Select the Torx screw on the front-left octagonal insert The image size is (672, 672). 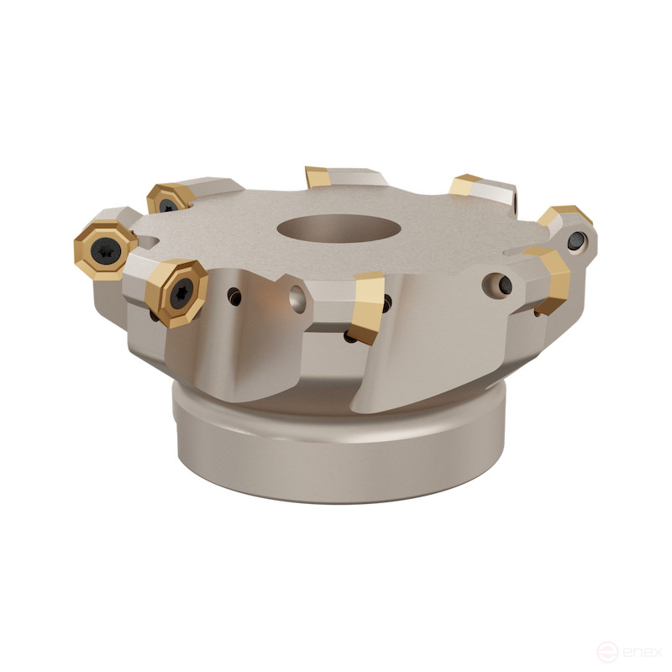coord(178,292)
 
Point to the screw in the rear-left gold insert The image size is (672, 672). coord(168,204)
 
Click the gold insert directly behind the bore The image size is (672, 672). coord(318,177)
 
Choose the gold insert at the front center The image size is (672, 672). coord(366,307)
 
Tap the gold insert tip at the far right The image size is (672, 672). coord(564,216)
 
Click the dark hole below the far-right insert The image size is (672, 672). coord(575,243)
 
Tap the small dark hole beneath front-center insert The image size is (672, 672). coord(349,337)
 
